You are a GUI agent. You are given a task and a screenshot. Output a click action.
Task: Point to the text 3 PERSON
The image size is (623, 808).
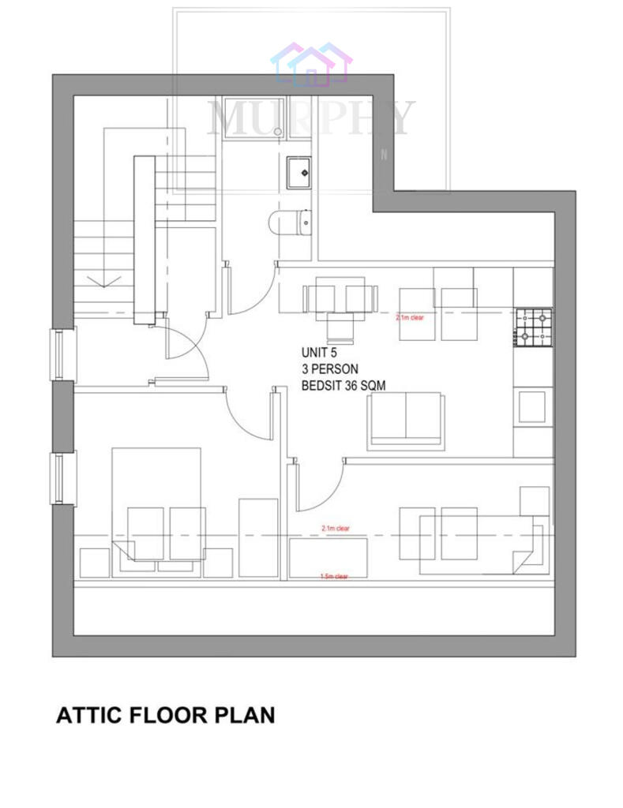pyautogui.click(x=329, y=368)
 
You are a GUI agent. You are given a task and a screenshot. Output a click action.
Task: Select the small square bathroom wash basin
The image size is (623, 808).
pyautogui.click(x=299, y=170)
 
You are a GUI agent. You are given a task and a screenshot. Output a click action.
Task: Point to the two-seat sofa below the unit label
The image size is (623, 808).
pyautogui.click(x=406, y=419)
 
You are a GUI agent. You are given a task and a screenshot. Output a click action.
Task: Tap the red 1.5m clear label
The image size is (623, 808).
pyautogui.click(x=334, y=576)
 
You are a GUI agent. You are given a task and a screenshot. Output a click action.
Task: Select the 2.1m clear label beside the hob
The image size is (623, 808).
pyautogui.click(x=411, y=317)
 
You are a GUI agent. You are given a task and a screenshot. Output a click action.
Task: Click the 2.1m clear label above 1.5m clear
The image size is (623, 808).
pyautogui.click(x=335, y=528)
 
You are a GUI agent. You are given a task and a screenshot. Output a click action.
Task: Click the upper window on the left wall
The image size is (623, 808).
pyautogui.click(x=58, y=354)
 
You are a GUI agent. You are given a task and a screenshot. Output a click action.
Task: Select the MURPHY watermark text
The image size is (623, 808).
pyautogui.click(x=310, y=118)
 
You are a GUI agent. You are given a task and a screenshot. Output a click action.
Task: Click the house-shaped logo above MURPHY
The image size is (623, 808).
pyautogui.click(x=310, y=65)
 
